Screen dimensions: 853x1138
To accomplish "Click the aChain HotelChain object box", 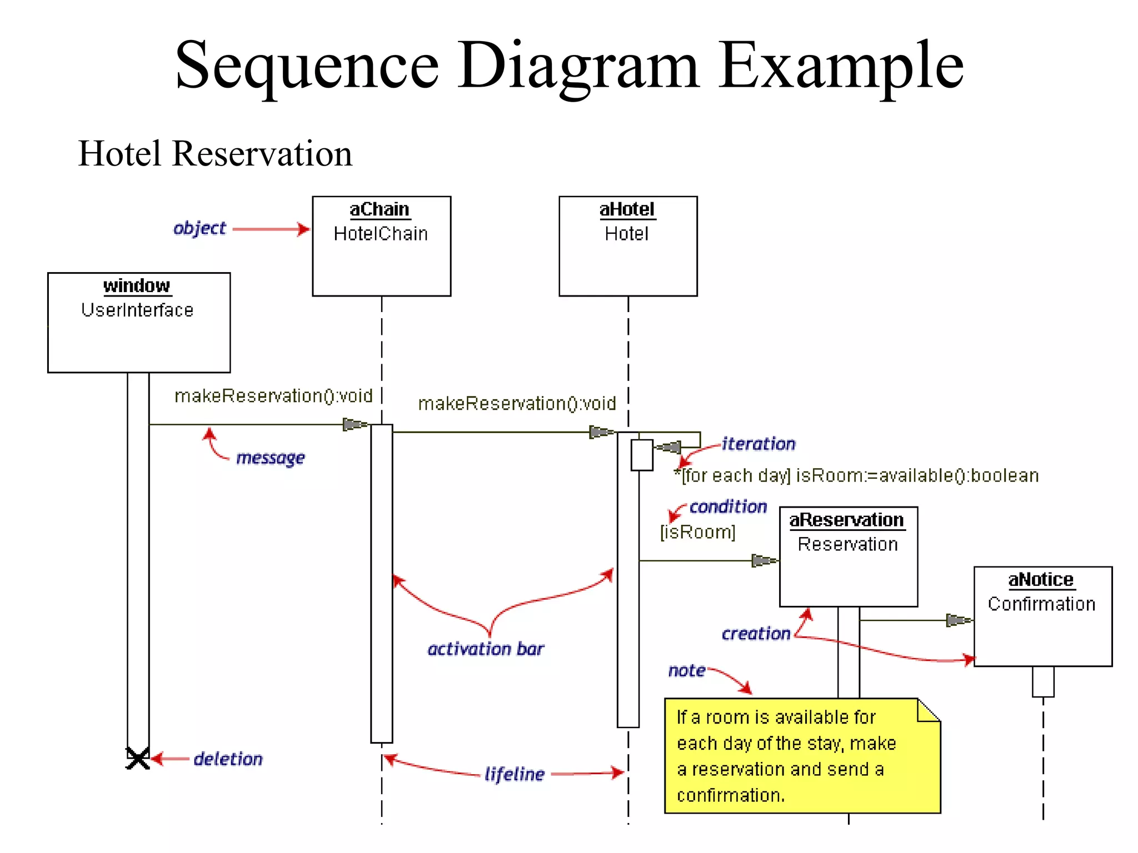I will [381, 246].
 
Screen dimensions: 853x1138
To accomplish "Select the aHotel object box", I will [628, 246].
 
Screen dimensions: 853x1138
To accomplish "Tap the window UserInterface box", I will [138, 322].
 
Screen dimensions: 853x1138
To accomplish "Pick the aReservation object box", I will [848, 556].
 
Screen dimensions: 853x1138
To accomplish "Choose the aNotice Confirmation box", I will [1042, 616].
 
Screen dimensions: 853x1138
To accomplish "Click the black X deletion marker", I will [138, 759].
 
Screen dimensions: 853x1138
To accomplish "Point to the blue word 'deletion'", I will [228, 759].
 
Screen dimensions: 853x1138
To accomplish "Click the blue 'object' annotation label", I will [199, 228].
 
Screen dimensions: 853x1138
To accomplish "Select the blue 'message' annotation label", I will [270, 458].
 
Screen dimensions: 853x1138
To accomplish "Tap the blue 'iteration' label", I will [758, 444].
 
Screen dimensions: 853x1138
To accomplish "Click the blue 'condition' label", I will [728, 506].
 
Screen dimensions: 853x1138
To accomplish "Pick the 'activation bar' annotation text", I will [486, 649].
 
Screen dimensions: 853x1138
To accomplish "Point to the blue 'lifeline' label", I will [514, 774].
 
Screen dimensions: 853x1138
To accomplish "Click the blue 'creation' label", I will [756, 633].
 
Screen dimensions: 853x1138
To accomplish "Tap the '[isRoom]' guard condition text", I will [697, 532].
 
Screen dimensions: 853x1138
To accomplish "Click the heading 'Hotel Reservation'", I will [215, 153].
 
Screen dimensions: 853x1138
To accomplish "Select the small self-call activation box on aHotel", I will [642, 455].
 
